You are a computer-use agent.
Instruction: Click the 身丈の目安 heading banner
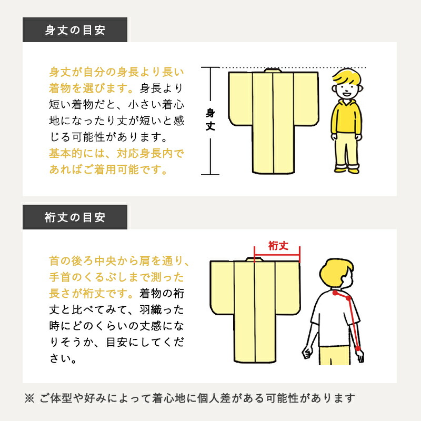coord(75,30)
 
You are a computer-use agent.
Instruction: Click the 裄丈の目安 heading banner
coord(75,217)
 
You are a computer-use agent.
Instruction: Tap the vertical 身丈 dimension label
coord(210,120)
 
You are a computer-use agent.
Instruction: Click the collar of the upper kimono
coord(272,71)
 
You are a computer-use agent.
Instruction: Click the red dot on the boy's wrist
coord(358,349)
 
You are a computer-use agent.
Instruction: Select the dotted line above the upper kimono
coord(295,67)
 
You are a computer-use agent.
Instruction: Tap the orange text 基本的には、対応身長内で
coord(117,154)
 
